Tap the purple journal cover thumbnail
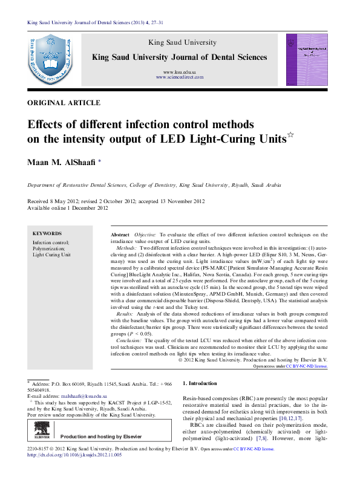307,59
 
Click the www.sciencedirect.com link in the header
178,77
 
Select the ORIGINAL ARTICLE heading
57,103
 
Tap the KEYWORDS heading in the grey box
47,233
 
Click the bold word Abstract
120,234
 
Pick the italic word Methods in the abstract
126,248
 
